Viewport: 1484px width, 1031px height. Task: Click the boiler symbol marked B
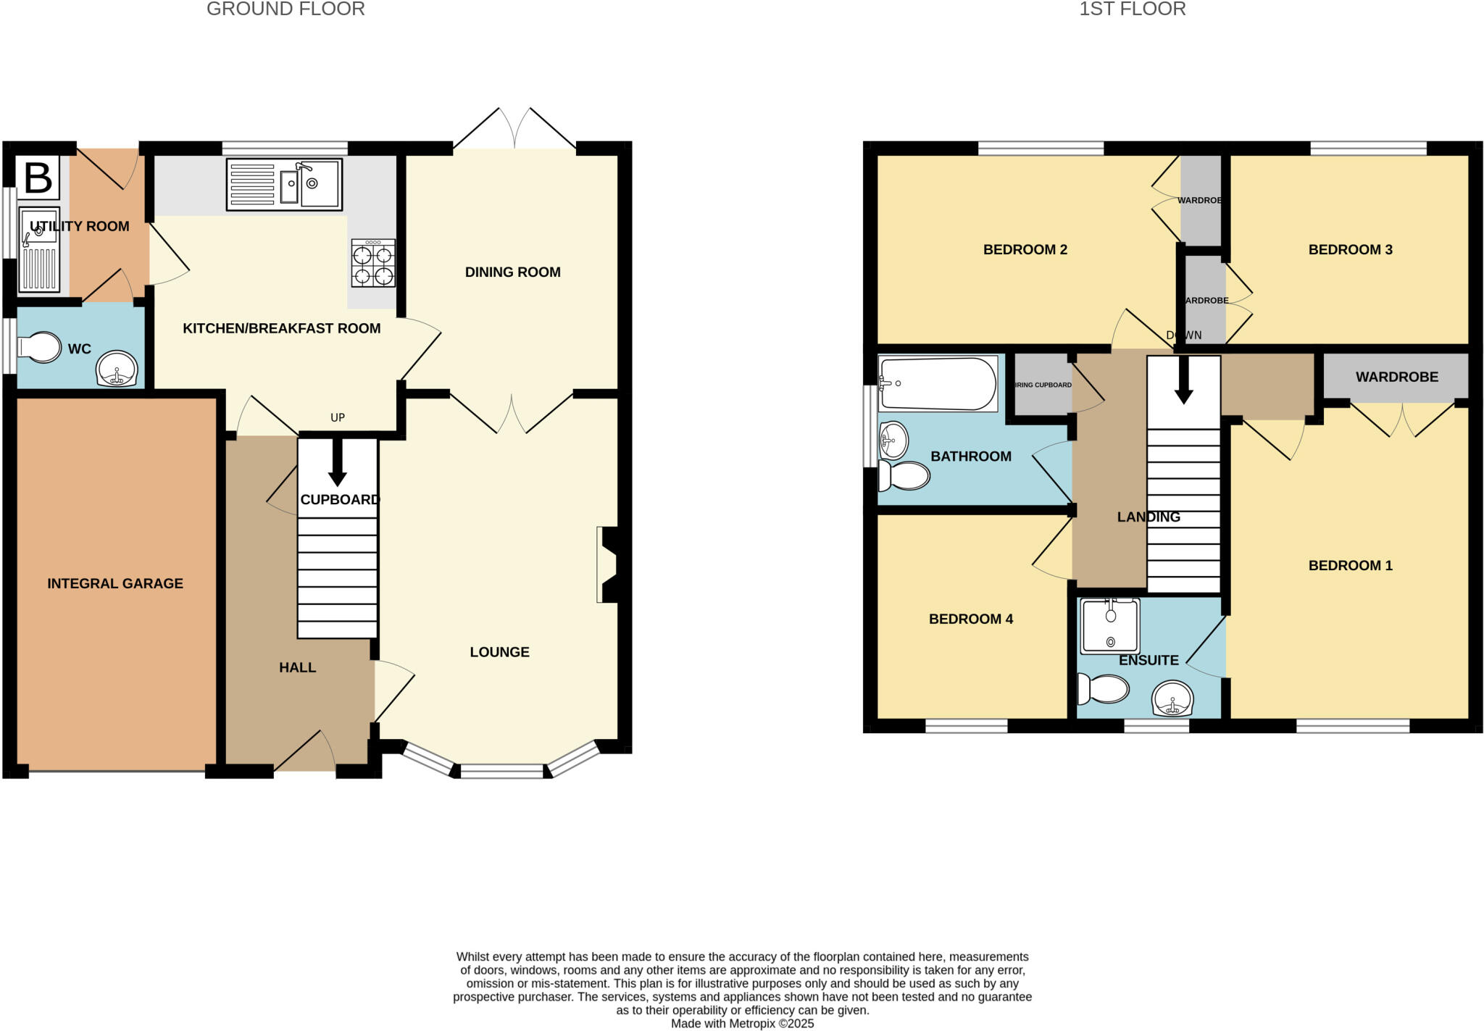[x=38, y=178]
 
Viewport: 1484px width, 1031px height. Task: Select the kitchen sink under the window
[x=285, y=185]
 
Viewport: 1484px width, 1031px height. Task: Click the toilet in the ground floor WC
[x=40, y=347]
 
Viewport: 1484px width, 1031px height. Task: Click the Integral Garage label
[x=115, y=583]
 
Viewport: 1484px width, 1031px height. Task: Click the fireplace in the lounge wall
[x=607, y=565]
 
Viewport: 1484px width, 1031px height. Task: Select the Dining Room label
[x=512, y=272]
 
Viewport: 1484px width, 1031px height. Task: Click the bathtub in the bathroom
[x=937, y=383]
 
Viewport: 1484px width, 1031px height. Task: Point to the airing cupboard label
[x=1043, y=385]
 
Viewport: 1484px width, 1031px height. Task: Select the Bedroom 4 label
[x=970, y=619]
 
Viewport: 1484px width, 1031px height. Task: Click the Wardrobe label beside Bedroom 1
[x=1396, y=377]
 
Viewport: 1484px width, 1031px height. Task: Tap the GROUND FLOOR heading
[x=285, y=9]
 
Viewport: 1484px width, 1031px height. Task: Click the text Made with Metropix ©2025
[x=742, y=1024]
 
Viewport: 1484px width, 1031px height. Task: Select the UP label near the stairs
[x=338, y=417]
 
